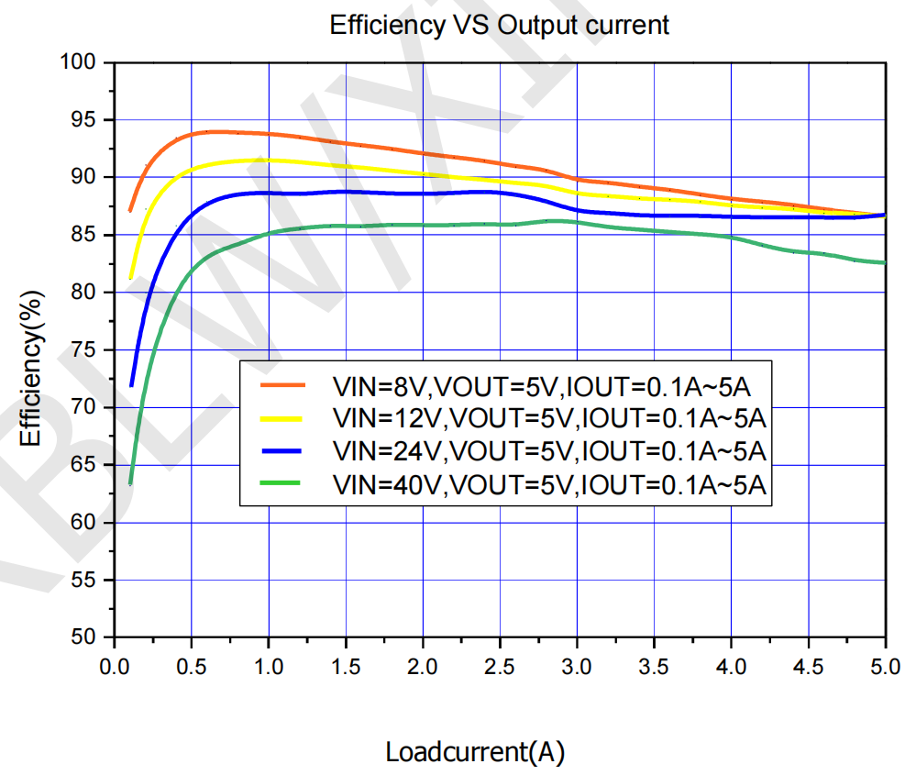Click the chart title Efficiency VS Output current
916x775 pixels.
pos(499,25)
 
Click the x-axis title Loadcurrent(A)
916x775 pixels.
pos(475,753)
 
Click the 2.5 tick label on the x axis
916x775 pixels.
pos(500,661)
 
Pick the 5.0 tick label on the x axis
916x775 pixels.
pos(885,661)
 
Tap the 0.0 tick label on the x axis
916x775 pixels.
pos(115,661)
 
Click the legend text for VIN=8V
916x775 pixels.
pos(548,385)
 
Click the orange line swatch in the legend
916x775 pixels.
pos(281,385)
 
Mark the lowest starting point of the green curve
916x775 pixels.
pos(130,483)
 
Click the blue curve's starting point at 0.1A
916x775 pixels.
pos(131,385)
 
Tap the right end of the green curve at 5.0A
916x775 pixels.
pos(885,262)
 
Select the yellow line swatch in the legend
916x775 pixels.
pos(281,418)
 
